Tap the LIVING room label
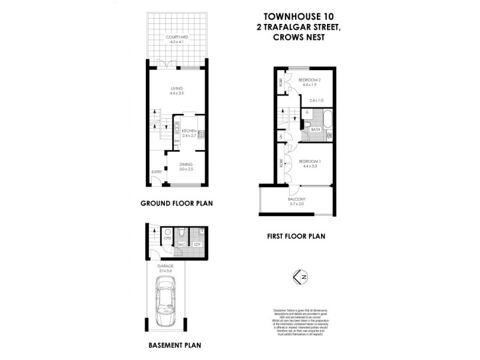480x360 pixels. (176, 88)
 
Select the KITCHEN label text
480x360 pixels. (190, 131)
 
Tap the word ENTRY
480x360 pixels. (157, 172)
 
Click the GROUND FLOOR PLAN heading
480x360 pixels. (177, 203)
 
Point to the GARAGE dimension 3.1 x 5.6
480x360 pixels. (166, 271)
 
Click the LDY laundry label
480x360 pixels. (197, 244)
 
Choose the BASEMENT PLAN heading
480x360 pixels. (174, 345)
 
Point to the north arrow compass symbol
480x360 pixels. (302, 277)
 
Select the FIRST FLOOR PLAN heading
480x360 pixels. (296, 236)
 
